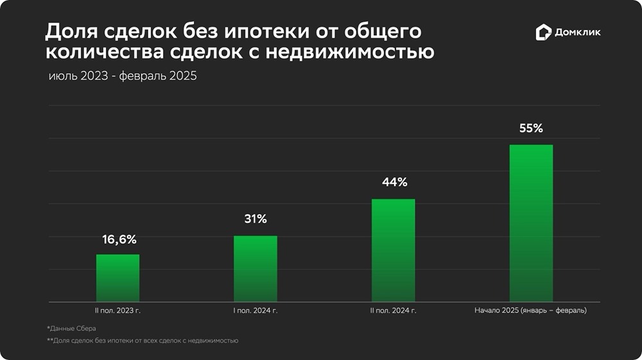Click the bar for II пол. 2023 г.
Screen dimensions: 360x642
coord(117,278)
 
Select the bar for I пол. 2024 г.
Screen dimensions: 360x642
coord(256,269)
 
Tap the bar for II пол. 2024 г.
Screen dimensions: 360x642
coord(393,250)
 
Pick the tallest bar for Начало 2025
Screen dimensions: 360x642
coord(531,223)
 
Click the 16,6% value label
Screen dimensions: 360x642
coord(119,239)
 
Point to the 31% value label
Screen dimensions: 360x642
coord(256,219)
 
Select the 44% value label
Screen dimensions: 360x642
coord(394,182)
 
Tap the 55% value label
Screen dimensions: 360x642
coord(531,128)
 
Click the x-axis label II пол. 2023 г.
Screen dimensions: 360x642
coord(118,311)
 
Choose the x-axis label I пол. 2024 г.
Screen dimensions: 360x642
coord(256,311)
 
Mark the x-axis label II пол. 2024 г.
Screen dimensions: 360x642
coord(394,311)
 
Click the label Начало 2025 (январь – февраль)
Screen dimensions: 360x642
coord(530,311)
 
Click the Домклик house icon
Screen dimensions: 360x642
coord(543,33)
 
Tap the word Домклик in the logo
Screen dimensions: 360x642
coord(578,33)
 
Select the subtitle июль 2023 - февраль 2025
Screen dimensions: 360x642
coord(122,76)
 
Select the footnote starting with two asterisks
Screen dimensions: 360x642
coord(143,341)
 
